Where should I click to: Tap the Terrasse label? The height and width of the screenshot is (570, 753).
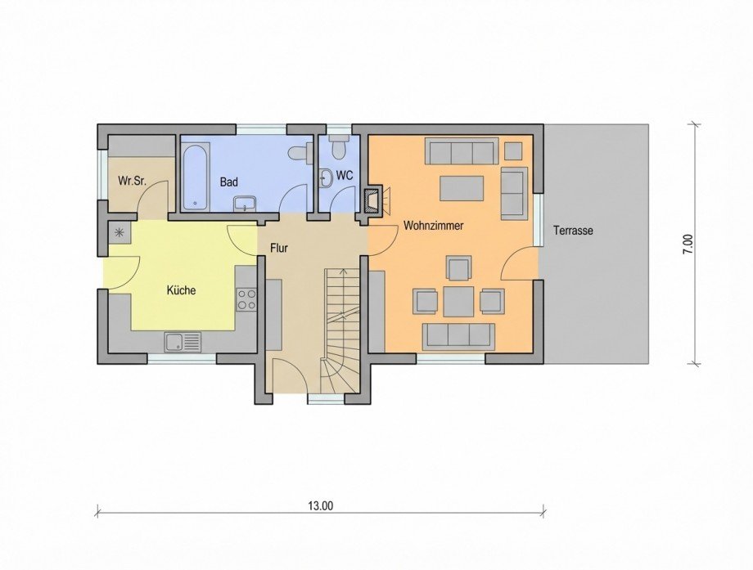coord(572,231)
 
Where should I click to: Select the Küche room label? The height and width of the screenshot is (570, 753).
coord(181,290)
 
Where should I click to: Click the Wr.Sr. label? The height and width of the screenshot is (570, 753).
coord(131,181)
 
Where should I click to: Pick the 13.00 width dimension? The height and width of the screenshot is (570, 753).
coord(321,505)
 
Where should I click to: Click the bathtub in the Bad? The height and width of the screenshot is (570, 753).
coord(196,177)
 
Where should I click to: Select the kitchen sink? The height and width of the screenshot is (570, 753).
coord(182,342)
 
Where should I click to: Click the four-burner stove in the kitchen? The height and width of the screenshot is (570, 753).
coord(246,299)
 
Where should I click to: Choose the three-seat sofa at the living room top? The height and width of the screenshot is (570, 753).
coord(462,151)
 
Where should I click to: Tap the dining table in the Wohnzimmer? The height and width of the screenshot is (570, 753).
coord(458,301)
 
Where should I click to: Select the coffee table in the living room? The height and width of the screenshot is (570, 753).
coord(462,188)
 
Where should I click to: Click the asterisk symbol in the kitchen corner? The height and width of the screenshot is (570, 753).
coord(120,232)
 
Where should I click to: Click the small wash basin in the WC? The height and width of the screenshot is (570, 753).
coord(325,175)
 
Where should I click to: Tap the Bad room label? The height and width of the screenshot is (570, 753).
coord(229,182)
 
